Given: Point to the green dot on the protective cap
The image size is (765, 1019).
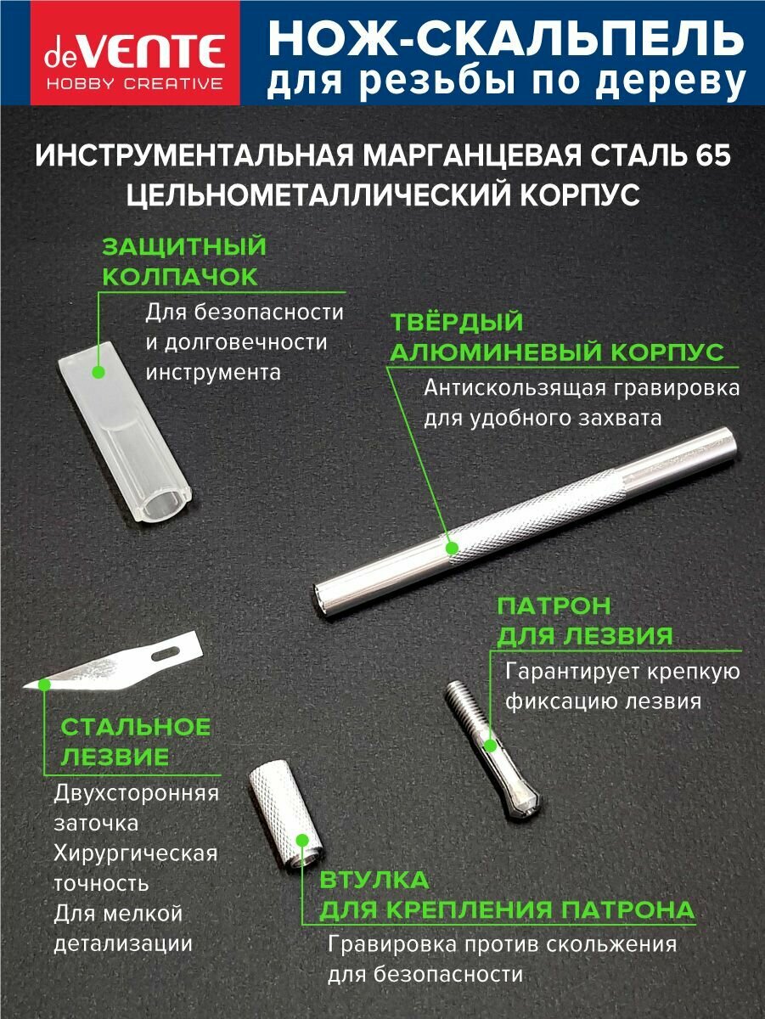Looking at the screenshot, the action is point(98,372).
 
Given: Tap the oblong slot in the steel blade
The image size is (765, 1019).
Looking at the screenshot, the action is point(167,653).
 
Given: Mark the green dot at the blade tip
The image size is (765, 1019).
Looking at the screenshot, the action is point(44,684).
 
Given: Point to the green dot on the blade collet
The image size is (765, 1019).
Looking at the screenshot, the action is point(490,746).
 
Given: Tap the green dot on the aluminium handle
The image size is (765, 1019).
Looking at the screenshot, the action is point(451,548).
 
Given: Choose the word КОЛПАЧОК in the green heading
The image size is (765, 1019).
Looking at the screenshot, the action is point(180,277).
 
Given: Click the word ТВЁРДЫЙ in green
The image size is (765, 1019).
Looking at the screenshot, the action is point(457,322).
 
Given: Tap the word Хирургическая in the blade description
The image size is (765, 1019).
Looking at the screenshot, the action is point(136,853).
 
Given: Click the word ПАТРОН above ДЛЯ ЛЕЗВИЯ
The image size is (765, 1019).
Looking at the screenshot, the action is point(554,605).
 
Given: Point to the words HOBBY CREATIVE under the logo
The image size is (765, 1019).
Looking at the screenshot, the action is point(135,83).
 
